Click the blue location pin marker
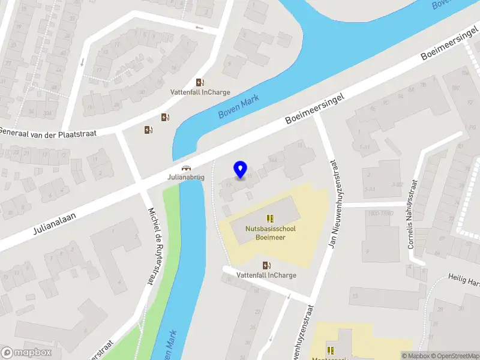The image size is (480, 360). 241,170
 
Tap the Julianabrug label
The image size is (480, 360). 186,178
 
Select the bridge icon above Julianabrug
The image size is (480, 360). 187,169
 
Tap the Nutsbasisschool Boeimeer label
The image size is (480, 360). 270,233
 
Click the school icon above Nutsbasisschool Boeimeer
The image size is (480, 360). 270,218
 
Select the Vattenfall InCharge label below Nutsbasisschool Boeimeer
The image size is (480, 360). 266,275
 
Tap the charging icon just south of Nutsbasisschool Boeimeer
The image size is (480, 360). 266,265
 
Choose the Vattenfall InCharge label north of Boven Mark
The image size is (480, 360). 200,93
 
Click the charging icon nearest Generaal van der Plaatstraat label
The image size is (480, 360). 148,129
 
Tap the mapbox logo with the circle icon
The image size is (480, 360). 27,353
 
